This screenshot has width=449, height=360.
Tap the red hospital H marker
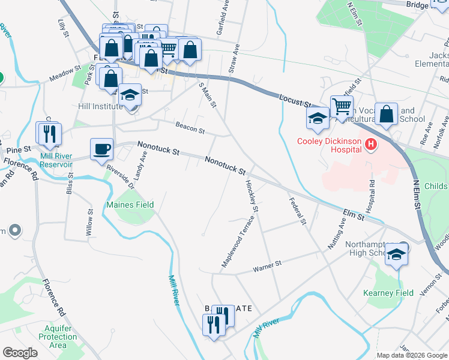point(371,145)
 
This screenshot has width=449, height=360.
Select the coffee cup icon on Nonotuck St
point(101,148)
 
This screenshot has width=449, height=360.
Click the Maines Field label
point(130,205)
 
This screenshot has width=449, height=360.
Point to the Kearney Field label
point(388,293)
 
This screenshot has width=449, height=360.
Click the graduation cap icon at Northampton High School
point(396,255)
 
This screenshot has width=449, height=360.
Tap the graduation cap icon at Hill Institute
point(130,95)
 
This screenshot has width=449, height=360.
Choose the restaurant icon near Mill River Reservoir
point(48,133)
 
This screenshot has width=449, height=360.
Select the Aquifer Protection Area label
point(58,336)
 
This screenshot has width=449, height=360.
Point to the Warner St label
point(267,264)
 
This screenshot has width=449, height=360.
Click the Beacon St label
point(190,127)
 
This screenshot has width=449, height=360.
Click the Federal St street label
point(297,212)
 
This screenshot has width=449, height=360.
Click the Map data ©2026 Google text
point(412,355)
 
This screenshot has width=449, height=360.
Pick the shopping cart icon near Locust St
point(342,107)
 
